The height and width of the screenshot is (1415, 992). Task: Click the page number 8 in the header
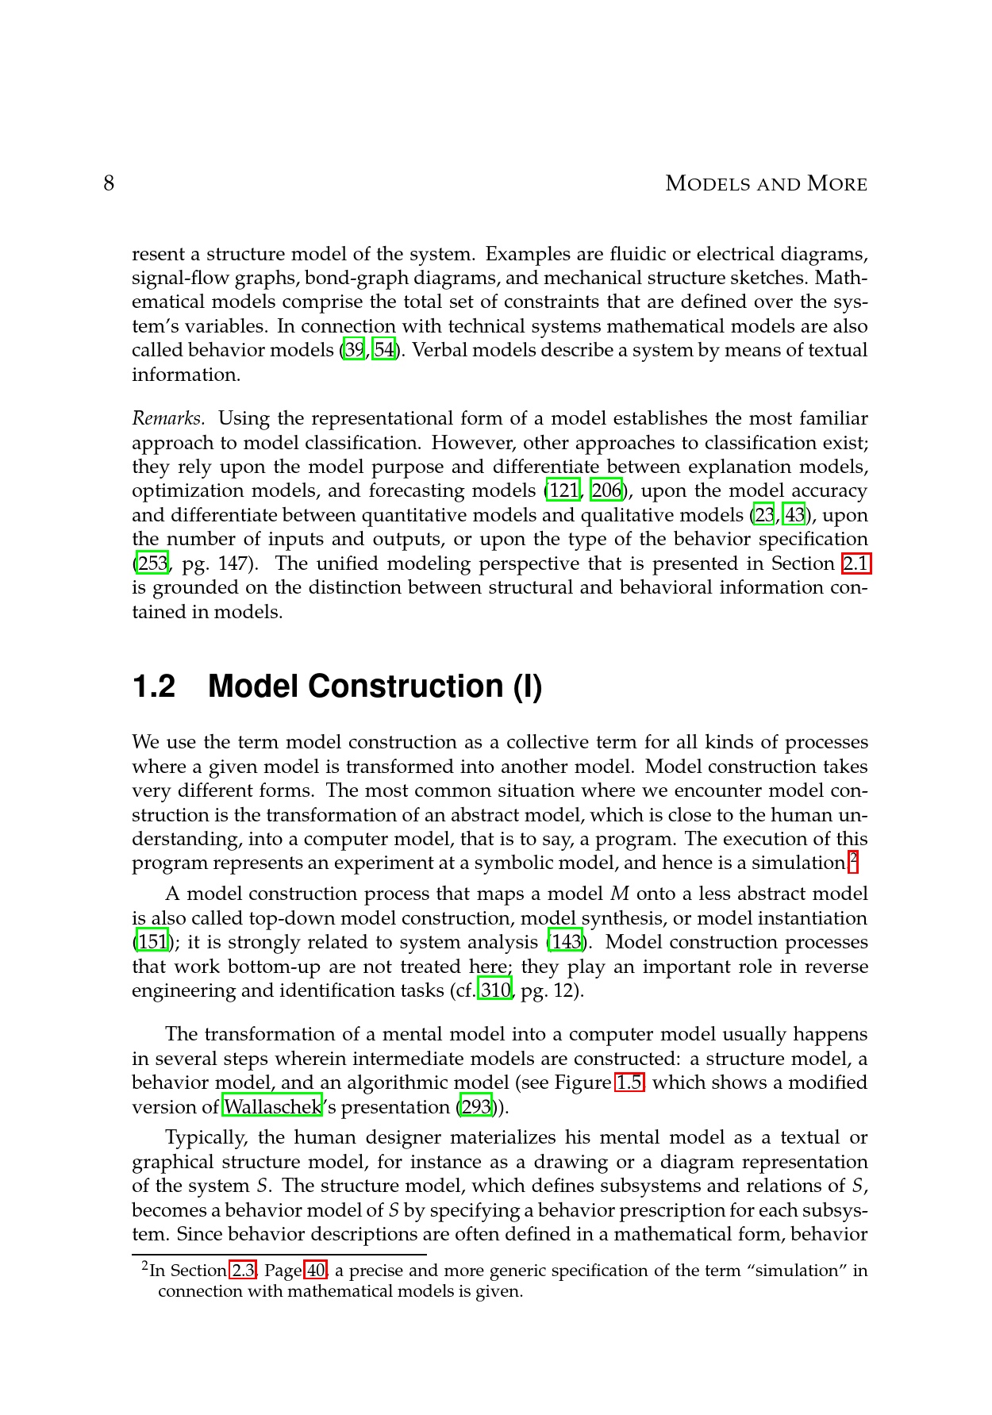pos(109,184)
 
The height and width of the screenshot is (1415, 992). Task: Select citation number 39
pos(354,350)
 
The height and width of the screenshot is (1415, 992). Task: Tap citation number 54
pos(384,350)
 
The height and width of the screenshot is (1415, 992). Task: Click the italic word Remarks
pos(168,418)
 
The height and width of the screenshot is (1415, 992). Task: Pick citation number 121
pos(563,490)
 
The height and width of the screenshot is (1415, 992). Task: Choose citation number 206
pos(606,490)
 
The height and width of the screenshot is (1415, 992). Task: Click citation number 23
pos(764,515)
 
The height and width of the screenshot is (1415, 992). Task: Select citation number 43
pos(794,515)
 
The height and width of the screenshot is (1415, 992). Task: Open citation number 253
pos(152,563)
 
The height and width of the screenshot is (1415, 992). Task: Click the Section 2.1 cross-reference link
pos(856,563)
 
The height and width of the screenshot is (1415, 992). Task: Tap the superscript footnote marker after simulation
pos(853,857)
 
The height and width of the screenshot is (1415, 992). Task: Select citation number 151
pos(152,942)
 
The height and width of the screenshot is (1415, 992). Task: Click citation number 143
pos(565,942)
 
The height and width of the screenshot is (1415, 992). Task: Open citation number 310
pos(495,990)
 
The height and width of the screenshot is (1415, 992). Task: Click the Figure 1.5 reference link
pos(629,1082)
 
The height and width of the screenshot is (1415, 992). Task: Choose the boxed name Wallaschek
pos(272,1107)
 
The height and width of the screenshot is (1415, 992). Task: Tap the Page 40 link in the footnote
pos(315,1271)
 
